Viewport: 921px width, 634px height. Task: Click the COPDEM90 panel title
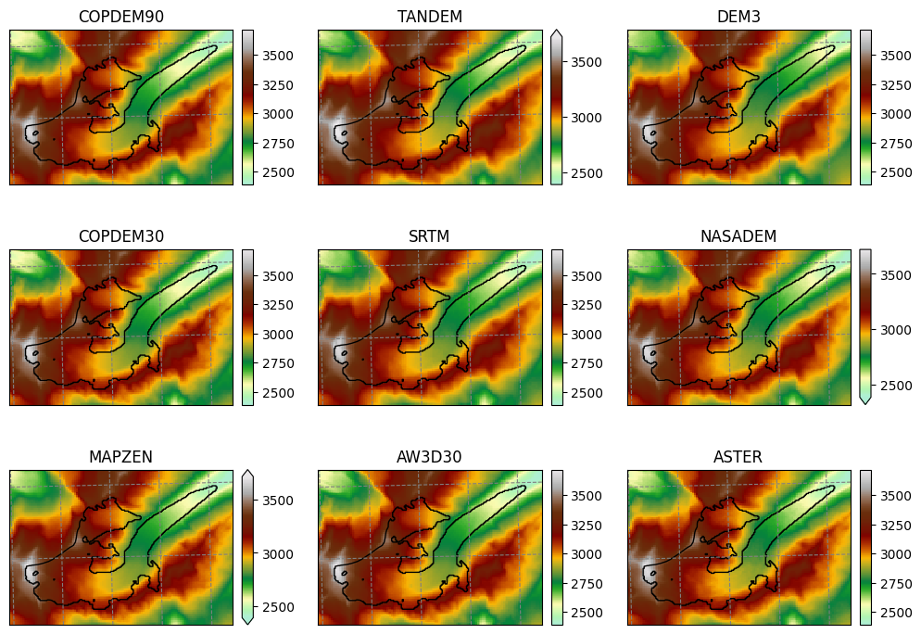(121, 17)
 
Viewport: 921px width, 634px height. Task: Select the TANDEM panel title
(429, 17)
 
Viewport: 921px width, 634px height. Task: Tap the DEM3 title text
(738, 17)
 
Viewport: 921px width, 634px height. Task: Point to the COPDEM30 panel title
(121, 236)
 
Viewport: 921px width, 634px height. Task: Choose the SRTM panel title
(429, 236)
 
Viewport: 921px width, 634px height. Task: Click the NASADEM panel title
(738, 236)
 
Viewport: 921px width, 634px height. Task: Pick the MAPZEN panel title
(120, 457)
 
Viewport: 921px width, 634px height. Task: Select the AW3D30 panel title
(429, 457)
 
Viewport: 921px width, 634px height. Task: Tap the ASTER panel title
(738, 457)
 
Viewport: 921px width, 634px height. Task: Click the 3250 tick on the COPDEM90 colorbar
(278, 85)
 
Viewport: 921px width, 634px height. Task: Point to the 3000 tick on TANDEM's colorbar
(587, 118)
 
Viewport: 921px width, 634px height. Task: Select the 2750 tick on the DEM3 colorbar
(896, 144)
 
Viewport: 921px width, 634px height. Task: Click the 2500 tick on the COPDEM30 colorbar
(278, 393)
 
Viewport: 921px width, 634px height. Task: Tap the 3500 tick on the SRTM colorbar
(587, 276)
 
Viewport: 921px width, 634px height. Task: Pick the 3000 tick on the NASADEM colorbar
(896, 331)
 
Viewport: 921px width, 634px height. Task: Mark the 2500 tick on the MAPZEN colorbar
(278, 607)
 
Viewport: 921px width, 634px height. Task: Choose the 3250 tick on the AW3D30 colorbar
(587, 526)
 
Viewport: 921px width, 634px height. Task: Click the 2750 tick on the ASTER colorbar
(896, 584)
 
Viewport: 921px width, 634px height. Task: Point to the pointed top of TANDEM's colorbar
(557, 31)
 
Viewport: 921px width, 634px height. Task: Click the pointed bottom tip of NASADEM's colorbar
(865, 404)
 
